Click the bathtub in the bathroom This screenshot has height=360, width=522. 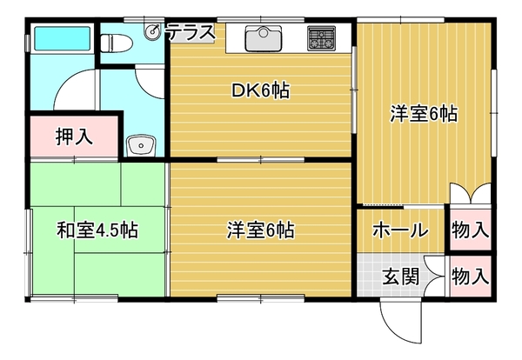63,38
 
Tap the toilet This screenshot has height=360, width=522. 117,43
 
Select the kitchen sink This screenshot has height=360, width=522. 264,38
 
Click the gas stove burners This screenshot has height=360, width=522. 321,38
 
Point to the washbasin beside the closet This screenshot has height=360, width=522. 141,146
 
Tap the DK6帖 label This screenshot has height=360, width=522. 261,90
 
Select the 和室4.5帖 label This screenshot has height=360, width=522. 97,230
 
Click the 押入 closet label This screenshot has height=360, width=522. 74,136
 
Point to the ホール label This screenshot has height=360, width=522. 400,230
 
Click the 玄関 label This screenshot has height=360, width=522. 400,277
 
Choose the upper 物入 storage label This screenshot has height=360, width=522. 471,230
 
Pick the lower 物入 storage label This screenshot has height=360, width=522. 471,277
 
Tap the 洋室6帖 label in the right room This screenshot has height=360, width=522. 424,114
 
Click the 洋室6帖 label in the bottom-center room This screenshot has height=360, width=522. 261,230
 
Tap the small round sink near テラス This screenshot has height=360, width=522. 153,32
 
